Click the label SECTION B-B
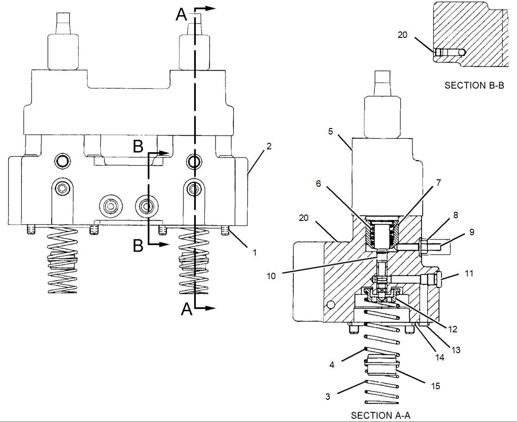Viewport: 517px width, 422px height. [474, 85]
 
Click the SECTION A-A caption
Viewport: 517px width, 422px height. [381, 415]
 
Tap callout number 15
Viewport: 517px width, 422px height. [436, 385]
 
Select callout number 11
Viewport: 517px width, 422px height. [469, 273]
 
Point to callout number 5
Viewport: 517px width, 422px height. [331, 131]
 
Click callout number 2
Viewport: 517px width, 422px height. [269, 146]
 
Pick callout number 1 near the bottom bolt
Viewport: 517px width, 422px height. [254, 253]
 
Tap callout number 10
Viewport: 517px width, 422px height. [271, 276]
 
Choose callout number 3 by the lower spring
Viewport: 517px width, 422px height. [328, 396]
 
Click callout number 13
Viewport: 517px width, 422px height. [456, 349]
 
